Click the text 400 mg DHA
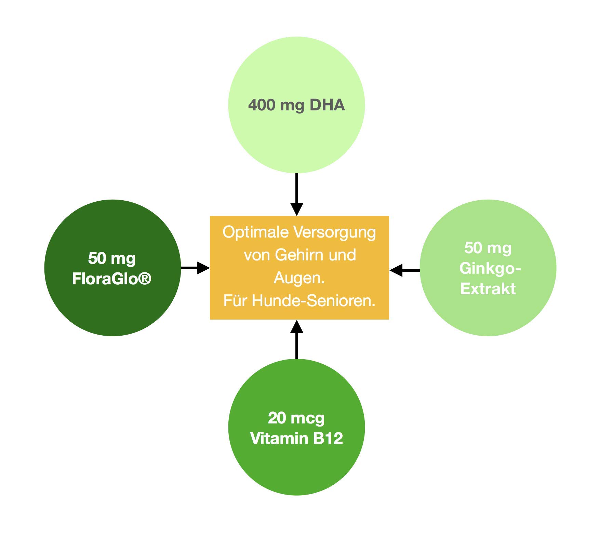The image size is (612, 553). (x=296, y=105)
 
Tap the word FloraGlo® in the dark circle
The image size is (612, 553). (x=112, y=279)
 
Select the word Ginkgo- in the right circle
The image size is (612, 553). (x=490, y=269)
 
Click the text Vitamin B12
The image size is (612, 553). (x=296, y=438)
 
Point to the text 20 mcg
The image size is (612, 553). (x=296, y=418)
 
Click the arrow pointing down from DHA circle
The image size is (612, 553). (x=296, y=194)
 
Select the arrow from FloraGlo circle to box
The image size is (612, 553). (x=195, y=268)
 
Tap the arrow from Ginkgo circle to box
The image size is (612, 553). (x=404, y=270)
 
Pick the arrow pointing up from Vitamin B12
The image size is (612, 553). (x=296, y=339)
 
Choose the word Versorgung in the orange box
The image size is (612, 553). (x=335, y=232)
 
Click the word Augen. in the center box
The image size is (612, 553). (x=299, y=278)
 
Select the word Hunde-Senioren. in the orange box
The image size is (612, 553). (x=314, y=301)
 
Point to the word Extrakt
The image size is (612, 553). (x=488, y=289)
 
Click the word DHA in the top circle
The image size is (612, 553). (x=327, y=105)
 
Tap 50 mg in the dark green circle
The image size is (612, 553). (x=112, y=259)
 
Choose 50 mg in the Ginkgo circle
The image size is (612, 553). (x=488, y=248)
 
